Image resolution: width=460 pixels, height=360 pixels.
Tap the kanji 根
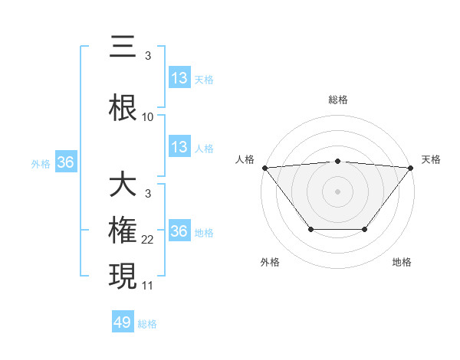tap(123, 107)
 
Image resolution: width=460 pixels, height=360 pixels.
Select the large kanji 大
tap(123, 185)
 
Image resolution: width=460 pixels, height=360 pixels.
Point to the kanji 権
tap(123, 231)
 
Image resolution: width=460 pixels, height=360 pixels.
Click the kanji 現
tap(123, 276)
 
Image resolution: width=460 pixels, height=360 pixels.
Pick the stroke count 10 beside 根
tap(148, 117)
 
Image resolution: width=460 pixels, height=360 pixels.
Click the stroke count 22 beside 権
tap(148, 240)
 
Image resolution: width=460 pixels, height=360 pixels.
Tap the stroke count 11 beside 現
tap(148, 286)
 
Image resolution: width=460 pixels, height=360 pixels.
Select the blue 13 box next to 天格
tap(179, 78)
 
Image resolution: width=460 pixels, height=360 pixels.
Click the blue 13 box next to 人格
tap(179, 148)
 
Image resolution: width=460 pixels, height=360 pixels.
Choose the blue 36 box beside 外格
tap(66, 162)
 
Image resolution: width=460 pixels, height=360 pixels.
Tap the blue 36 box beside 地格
tap(179, 231)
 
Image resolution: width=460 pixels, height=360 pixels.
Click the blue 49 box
tap(123, 322)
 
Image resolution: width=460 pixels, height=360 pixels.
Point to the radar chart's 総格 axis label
tap(337, 100)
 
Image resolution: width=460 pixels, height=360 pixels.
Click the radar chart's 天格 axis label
tap(431, 159)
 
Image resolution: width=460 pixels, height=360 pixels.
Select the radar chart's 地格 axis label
tap(402, 262)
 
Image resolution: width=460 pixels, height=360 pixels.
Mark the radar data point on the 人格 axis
tap(264, 167)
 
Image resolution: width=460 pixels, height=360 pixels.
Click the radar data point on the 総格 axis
tap(337, 161)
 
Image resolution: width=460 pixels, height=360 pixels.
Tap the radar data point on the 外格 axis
tap(310, 229)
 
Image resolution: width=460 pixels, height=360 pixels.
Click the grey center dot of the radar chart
tap(337, 191)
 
